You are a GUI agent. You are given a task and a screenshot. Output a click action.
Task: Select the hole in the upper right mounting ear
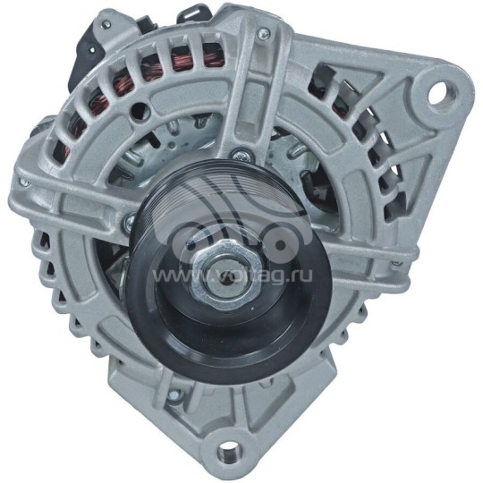pos(439,91)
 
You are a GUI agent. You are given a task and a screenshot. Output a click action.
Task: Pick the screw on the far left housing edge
pos(24,182)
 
